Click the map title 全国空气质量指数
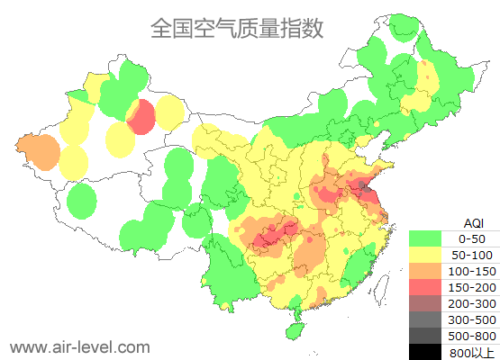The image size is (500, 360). [x=236, y=29]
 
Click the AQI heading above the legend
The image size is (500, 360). [x=473, y=221]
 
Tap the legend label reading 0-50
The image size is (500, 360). [x=471, y=238]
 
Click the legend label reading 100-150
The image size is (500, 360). [x=471, y=271]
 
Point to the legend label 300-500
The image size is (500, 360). [x=471, y=319]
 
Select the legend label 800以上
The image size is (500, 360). [x=471, y=352]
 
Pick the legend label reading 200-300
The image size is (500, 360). [x=471, y=303]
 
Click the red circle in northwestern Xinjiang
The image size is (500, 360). [x=141, y=117]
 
